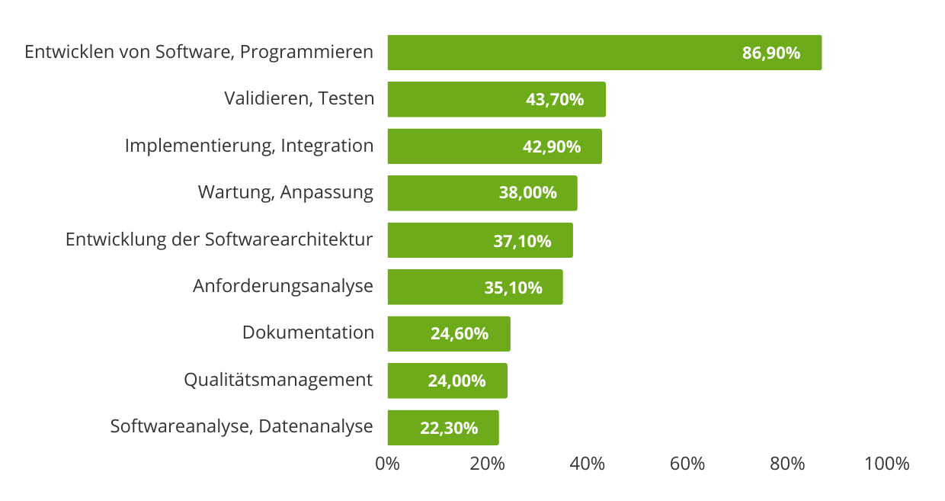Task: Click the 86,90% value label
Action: pos(771,53)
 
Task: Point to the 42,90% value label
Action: pos(552,146)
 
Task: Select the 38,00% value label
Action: pos(528,193)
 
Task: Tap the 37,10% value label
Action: pos(522,241)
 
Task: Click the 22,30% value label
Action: pos(449,428)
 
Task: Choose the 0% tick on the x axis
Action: pos(388,464)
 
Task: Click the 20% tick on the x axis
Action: pos(488,464)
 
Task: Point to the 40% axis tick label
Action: pos(588,464)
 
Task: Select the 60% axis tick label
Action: pos(687,464)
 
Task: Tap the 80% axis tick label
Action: pos(787,464)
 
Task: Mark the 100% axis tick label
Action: pos(887,464)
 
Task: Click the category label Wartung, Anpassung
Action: pos(286,192)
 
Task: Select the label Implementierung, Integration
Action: pos(249,146)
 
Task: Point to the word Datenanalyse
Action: pos(316,426)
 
